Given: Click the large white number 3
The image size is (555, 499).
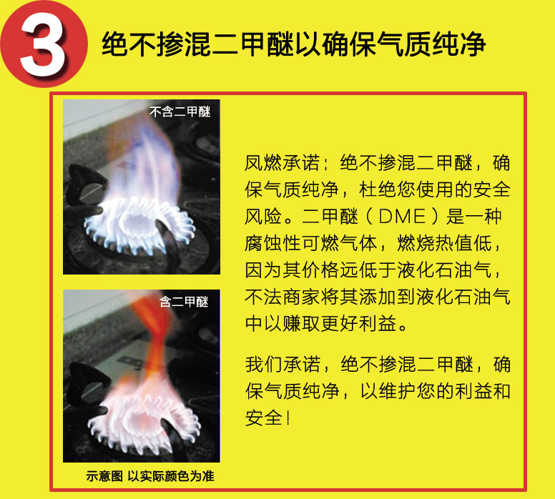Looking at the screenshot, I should tap(44, 44).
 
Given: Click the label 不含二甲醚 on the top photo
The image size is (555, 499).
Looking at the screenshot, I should tap(180, 112).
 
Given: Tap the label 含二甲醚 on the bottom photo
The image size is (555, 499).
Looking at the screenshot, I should tap(184, 301).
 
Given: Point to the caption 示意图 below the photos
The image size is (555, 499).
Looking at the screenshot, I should tap(104, 475).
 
